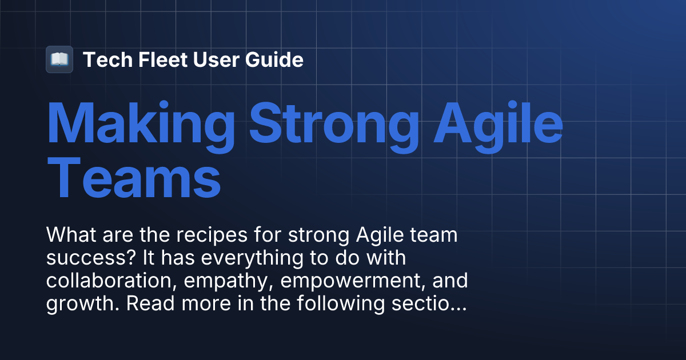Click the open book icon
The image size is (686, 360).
pyautogui.click(x=59, y=59)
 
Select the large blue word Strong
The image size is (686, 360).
pyautogui.click(x=333, y=125)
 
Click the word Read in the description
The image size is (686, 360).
pyautogui.click(x=147, y=303)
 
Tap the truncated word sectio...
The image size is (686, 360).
pyautogui.click(x=429, y=303)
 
